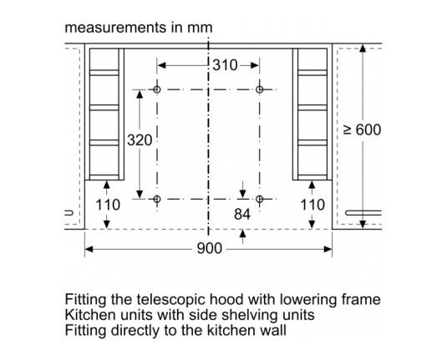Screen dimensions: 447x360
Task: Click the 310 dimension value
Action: [x=225, y=65]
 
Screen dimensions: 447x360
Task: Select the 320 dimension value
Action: [x=140, y=140]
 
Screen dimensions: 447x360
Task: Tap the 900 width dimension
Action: [x=209, y=249]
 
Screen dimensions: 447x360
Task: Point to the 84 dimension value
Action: [x=242, y=215]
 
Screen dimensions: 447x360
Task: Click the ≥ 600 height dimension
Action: [x=363, y=130]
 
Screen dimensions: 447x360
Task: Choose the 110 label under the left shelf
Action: [x=108, y=205]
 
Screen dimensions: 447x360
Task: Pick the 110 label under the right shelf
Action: [x=312, y=205]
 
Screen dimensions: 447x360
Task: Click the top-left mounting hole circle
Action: [x=157, y=89]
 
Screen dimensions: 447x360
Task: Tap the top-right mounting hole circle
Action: [x=259, y=89]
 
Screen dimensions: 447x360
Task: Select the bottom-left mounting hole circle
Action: [x=157, y=199]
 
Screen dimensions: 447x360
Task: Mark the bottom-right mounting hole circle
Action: [x=259, y=199]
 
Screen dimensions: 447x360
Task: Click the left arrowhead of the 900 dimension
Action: [x=89, y=250]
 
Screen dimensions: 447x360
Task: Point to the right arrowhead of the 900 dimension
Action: [x=328, y=250]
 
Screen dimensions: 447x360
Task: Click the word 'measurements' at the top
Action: [x=115, y=28]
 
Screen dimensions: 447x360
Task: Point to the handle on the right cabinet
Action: [x=363, y=213]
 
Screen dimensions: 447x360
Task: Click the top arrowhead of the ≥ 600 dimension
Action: [x=363, y=48]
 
